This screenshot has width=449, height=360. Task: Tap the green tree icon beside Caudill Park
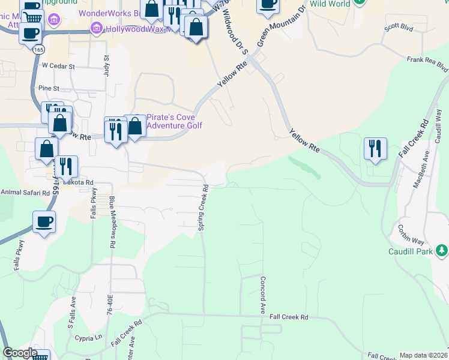tap(441, 249)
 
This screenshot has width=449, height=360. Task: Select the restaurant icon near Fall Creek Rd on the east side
tap(375, 148)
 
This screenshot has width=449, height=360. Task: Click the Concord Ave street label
tap(262, 295)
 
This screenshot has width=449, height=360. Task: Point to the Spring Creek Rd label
tap(204, 207)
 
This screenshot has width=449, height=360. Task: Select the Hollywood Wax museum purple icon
tap(95, 28)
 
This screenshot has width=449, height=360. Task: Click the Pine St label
tap(49, 88)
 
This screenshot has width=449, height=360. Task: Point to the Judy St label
tap(107, 64)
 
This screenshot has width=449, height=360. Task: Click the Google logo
tap(20, 353)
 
